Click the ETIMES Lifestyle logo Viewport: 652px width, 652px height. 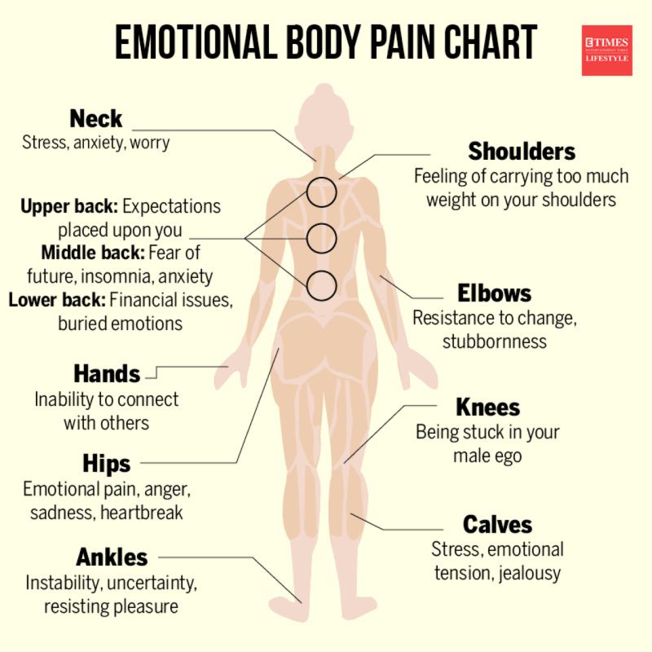coord(606,50)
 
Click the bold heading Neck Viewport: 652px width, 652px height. coord(96,119)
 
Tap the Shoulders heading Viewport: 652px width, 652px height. coord(522,152)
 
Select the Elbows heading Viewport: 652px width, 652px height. coord(495,293)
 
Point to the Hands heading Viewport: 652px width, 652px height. coord(107,374)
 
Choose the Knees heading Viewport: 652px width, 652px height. coord(487,407)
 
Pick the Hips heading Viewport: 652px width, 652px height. coord(107,464)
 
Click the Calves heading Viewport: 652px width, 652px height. coord(497,524)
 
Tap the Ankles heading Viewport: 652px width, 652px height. coord(112,557)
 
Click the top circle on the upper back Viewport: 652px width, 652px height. coord(322,192)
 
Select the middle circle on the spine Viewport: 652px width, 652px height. coord(322,238)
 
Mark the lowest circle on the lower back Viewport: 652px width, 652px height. coord(322,284)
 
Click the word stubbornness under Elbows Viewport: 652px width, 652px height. coord(495,341)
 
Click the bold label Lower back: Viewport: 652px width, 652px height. coord(57,299)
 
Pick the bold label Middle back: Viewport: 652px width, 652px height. coord(90,252)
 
